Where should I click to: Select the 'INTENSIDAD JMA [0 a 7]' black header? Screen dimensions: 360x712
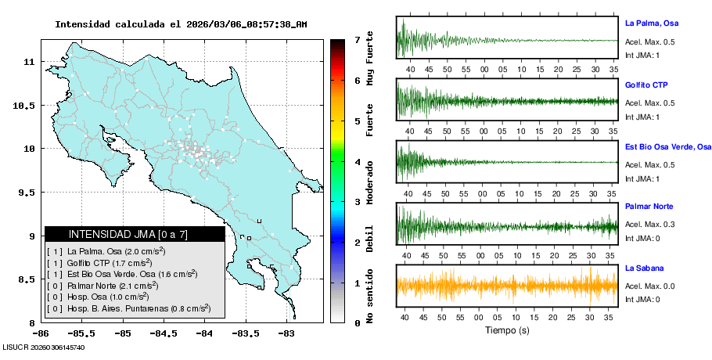click(x=135, y=234)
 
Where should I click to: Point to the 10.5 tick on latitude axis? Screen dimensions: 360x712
click(x=25, y=105)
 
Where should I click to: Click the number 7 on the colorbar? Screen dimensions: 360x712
click(x=357, y=39)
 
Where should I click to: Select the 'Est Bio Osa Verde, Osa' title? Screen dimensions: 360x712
click(x=668, y=146)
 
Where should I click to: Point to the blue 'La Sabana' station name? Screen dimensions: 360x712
click(x=644, y=268)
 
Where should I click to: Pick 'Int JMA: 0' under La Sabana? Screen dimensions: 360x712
click(x=642, y=299)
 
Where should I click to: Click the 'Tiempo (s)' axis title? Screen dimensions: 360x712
click(x=507, y=330)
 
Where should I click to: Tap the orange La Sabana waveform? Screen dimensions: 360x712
click(x=507, y=286)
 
